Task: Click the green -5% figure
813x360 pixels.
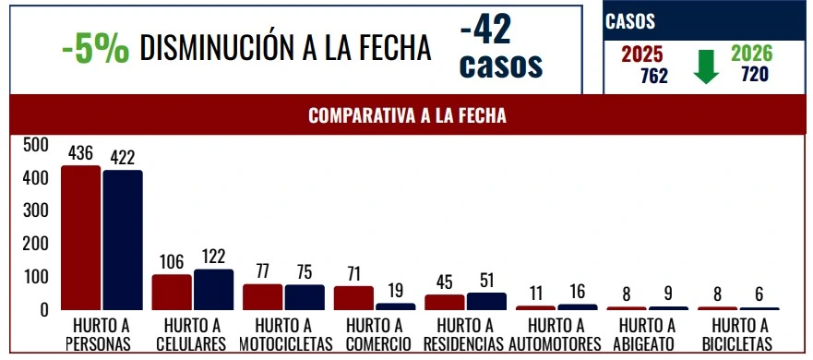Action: pyautogui.click(x=95, y=48)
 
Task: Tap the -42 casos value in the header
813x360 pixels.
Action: pyautogui.click(x=500, y=49)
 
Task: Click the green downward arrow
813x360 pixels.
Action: pyautogui.click(x=706, y=66)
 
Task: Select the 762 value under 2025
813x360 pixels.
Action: pyautogui.click(x=653, y=76)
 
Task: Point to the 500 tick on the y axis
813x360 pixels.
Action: pyautogui.click(x=36, y=145)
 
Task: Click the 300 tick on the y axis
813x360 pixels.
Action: pyautogui.click(x=36, y=211)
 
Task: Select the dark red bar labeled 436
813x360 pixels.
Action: pyautogui.click(x=80, y=238)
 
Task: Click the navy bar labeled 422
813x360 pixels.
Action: pyautogui.click(x=123, y=240)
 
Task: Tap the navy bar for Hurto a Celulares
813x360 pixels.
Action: pyautogui.click(x=213, y=290)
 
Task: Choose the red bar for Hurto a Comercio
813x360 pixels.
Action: pyautogui.click(x=353, y=298)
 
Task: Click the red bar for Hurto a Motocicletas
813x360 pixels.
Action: pyautogui.click(x=262, y=297)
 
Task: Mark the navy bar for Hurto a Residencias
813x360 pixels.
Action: pyautogui.click(x=486, y=301)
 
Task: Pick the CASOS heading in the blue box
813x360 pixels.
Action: pyautogui.click(x=631, y=21)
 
